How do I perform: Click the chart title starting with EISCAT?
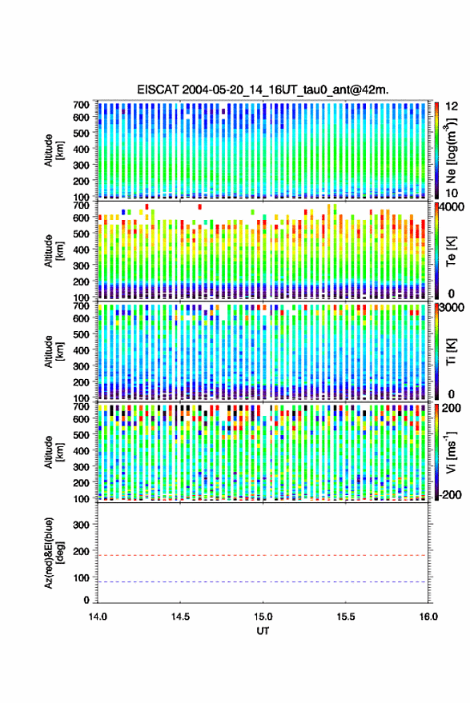click(263, 90)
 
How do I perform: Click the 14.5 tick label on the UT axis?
click(180, 617)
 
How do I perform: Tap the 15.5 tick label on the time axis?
click(346, 617)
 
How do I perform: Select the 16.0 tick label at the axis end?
click(428, 617)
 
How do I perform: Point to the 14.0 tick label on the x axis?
click(98, 617)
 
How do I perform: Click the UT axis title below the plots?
click(263, 631)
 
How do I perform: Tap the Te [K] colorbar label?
click(451, 251)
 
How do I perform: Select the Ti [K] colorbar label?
click(451, 352)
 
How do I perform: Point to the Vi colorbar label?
click(451, 452)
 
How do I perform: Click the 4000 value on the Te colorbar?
click(452, 208)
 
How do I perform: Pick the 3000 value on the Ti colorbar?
click(452, 308)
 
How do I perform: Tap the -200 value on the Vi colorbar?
click(449, 494)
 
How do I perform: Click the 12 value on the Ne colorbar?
click(452, 106)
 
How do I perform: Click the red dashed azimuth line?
click(263, 555)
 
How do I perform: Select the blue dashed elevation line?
click(263, 582)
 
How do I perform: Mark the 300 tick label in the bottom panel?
click(81, 525)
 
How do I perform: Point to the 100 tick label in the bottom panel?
click(81, 577)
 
